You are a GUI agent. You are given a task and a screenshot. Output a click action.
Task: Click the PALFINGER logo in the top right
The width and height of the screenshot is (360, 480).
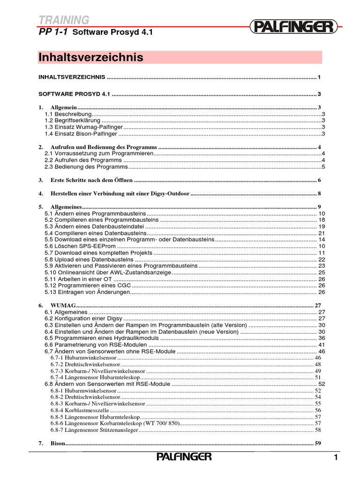[x=294, y=26]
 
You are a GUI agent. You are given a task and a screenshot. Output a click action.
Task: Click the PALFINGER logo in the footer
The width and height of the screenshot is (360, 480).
[x=184, y=457]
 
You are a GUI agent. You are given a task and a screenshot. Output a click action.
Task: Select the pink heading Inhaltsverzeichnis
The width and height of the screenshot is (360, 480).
[x=90, y=57]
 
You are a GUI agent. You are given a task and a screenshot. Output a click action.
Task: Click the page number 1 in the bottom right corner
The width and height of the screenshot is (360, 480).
[x=336, y=457]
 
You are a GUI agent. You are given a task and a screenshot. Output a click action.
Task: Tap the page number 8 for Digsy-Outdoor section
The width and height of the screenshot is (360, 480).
[x=319, y=193]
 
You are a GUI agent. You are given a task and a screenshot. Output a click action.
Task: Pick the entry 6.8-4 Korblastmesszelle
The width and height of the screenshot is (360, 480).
[x=82, y=410]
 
